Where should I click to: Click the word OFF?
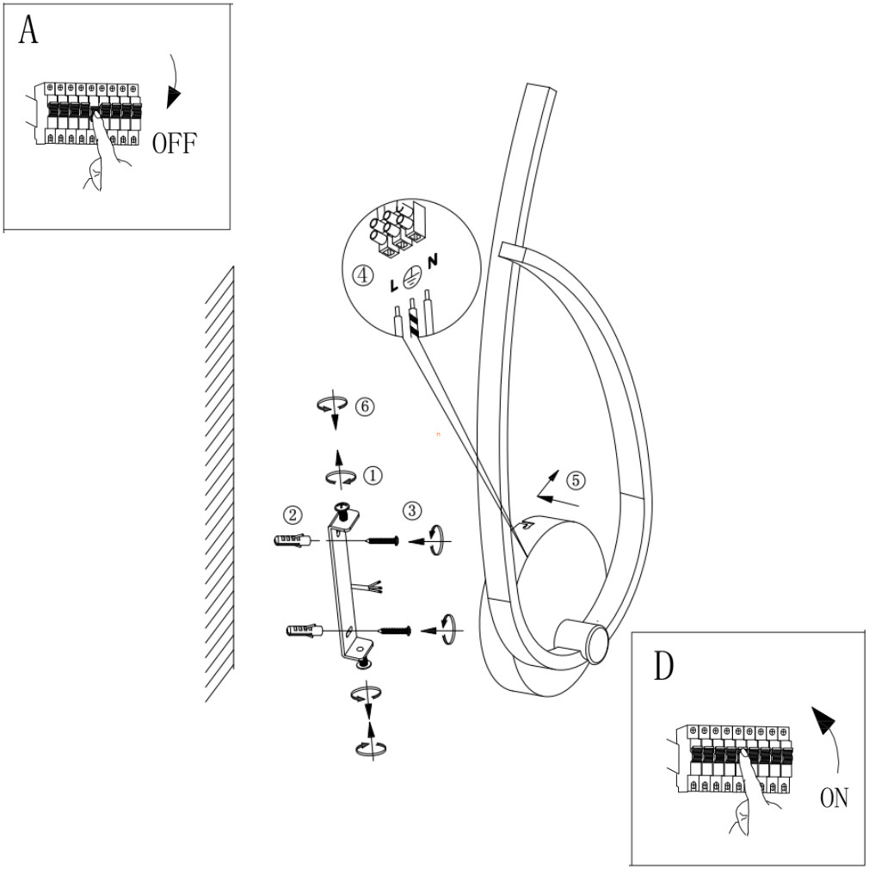tap(174, 142)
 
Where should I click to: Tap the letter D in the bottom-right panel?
tap(663, 666)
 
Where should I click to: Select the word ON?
tap(834, 798)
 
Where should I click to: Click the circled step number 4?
tap(365, 275)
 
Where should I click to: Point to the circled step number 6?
tap(365, 407)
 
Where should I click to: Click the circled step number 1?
tap(373, 473)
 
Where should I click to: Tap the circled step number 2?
tap(293, 515)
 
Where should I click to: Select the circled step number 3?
tap(412, 510)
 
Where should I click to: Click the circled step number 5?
tap(575, 479)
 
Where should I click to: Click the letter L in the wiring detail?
tap(393, 283)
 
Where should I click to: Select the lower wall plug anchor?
tap(303, 632)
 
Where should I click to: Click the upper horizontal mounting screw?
tap(383, 540)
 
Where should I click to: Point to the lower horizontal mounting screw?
tap(395, 632)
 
